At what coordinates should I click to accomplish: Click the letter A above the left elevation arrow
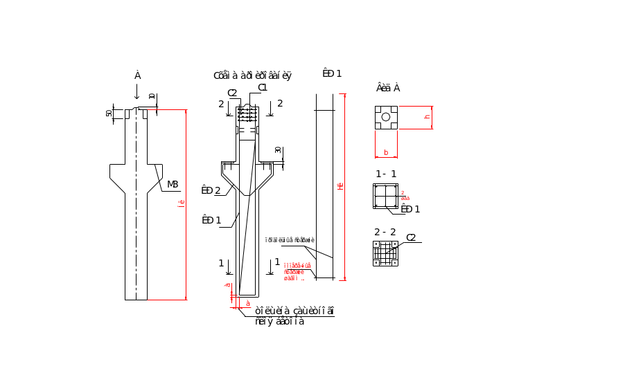click(138, 75)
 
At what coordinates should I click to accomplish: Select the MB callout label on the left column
click(173, 184)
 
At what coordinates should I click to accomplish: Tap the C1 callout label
click(263, 87)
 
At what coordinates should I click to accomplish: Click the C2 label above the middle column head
click(232, 93)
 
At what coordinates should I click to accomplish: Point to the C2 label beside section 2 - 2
click(411, 237)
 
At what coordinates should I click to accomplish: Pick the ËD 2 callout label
click(210, 190)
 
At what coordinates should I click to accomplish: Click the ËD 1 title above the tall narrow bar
click(332, 73)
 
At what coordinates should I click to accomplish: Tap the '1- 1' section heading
click(385, 174)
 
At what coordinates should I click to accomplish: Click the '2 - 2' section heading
click(385, 232)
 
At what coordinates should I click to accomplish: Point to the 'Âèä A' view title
click(388, 88)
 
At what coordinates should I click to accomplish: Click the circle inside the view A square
click(386, 118)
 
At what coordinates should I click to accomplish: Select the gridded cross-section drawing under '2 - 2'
click(386, 253)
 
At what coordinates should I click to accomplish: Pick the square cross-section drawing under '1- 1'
click(386, 196)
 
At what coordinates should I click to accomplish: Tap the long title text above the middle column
click(252, 75)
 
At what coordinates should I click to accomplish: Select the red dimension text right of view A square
click(428, 118)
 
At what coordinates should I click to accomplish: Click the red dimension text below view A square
click(386, 151)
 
